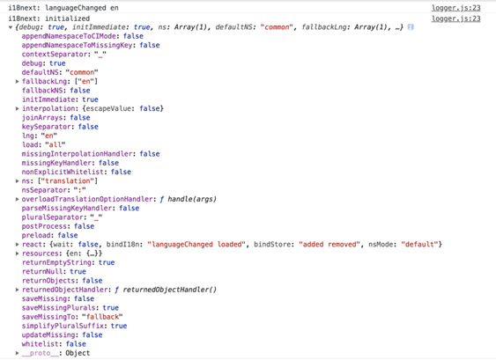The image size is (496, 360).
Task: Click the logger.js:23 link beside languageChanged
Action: [x=455, y=8]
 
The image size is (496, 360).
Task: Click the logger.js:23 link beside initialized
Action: [x=455, y=18]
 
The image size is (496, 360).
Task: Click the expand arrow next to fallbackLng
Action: [x=18, y=82]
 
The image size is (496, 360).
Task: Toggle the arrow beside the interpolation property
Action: [x=18, y=109]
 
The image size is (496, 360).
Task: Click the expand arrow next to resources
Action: [x=18, y=253]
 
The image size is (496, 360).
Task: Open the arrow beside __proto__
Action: [x=18, y=353]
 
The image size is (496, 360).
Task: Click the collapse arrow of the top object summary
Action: [x=11, y=27]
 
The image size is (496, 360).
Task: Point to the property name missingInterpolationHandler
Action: [x=77, y=154]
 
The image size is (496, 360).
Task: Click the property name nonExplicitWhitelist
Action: [x=63, y=172]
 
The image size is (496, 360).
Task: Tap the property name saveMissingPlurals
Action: [x=58, y=308]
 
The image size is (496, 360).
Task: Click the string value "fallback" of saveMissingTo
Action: [x=102, y=317]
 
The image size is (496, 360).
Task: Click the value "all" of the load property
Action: [x=56, y=144]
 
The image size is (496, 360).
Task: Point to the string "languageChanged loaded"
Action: [x=196, y=245]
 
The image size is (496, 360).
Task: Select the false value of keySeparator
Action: [x=88, y=127]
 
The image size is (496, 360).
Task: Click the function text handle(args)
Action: [x=192, y=199]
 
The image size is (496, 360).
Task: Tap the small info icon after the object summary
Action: [x=411, y=27]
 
